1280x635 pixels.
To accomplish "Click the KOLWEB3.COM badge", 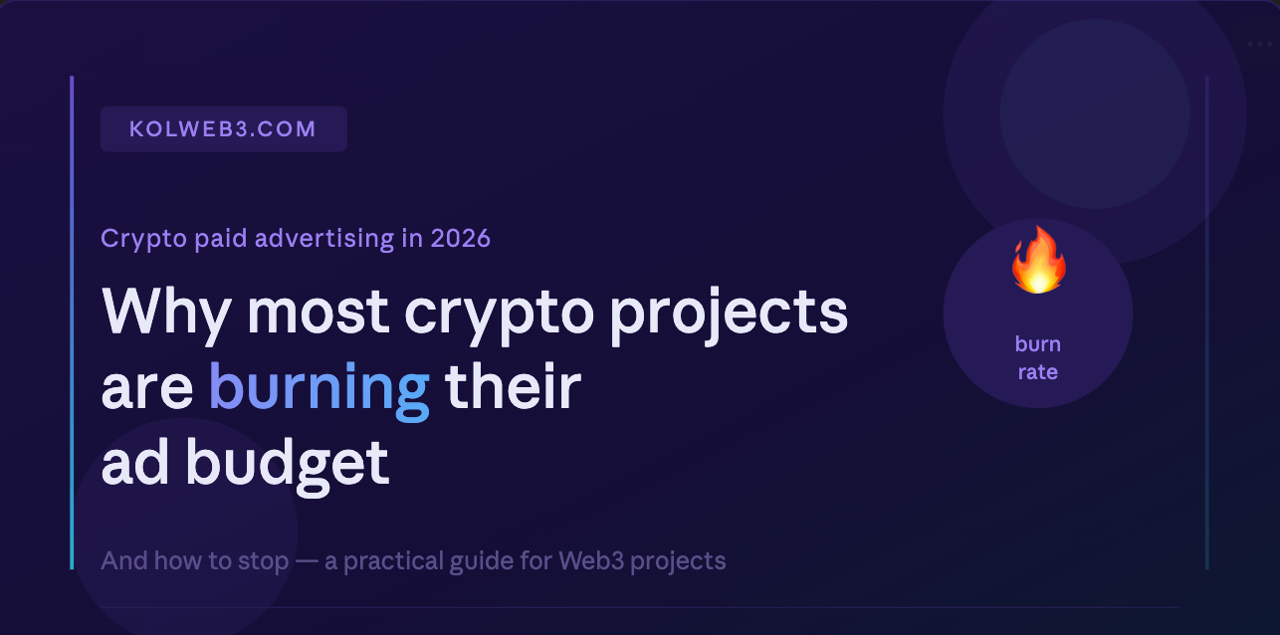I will point(223,129).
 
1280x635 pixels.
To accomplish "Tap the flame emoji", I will point(1038,260).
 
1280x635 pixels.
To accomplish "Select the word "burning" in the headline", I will point(319,388).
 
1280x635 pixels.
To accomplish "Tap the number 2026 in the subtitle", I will point(461,239).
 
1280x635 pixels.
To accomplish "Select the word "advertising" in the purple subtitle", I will point(336,239).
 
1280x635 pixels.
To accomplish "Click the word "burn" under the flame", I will point(1038,344).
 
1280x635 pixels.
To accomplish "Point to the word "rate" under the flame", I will point(1038,373).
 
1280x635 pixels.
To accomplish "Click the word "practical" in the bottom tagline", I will point(389,561).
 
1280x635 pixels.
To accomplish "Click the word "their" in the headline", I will point(512,388).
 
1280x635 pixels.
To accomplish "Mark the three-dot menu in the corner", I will point(1260,44).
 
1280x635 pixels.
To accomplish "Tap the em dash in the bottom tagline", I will point(306,561).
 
